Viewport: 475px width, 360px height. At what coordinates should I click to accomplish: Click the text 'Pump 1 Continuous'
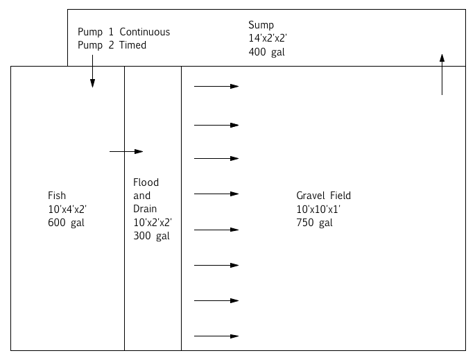pyautogui.click(x=123, y=32)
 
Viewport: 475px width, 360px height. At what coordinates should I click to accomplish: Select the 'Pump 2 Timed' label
pyautogui.click(x=112, y=45)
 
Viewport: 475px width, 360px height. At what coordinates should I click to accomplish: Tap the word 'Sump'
pyautogui.click(x=261, y=26)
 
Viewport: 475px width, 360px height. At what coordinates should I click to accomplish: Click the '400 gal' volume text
pyautogui.click(x=266, y=52)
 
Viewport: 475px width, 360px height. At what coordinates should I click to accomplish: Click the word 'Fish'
pyautogui.click(x=57, y=196)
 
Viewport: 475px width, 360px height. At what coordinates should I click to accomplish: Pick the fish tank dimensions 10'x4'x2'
pyautogui.click(x=67, y=209)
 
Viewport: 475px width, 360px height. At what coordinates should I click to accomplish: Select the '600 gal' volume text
pyautogui.click(x=66, y=223)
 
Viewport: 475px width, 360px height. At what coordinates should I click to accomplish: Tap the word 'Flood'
pyautogui.click(x=146, y=182)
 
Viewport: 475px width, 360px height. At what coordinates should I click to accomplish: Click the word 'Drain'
pyautogui.click(x=146, y=209)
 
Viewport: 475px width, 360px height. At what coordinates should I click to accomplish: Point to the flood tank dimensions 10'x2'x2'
pyautogui.click(x=153, y=223)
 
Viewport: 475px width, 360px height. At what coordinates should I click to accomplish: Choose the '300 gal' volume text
pyautogui.click(x=151, y=236)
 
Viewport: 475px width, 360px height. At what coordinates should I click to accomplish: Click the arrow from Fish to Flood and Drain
pyautogui.click(x=126, y=151)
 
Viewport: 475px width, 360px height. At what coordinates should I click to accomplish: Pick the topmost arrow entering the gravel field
pyautogui.click(x=216, y=86)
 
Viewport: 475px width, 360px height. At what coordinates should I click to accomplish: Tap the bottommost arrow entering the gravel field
pyautogui.click(x=216, y=336)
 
